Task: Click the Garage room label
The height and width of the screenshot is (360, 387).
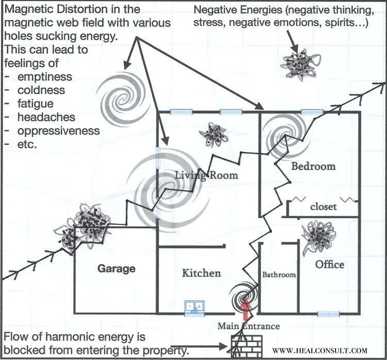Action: [116, 269]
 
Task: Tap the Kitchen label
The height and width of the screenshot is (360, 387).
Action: [201, 273]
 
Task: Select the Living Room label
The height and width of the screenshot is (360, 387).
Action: [206, 175]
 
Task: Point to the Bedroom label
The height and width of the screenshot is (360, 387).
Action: [313, 166]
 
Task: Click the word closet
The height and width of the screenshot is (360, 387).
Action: [324, 207]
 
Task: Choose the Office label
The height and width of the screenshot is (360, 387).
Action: [330, 264]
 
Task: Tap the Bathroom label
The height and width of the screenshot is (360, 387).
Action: [279, 275]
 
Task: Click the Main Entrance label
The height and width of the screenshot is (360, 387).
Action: [248, 326]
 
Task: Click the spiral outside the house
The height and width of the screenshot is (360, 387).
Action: [121, 94]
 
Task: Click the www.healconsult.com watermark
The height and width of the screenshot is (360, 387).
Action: [323, 350]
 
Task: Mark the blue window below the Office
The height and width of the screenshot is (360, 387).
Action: [328, 314]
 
